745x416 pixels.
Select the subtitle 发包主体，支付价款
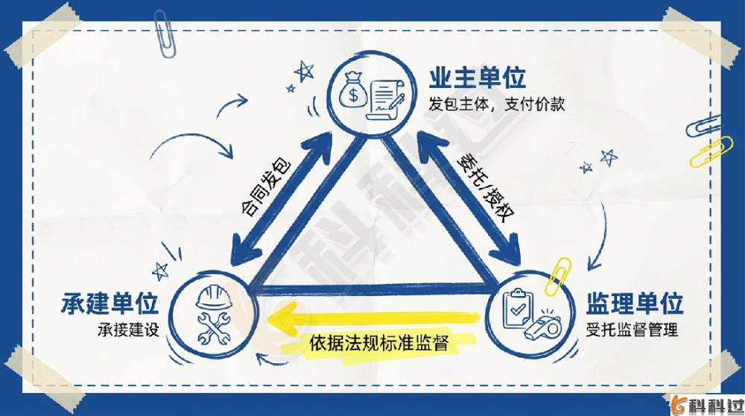point(496,104)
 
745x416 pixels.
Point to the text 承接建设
point(129,329)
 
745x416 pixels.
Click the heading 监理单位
point(635,304)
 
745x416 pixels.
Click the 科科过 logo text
point(714,405)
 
